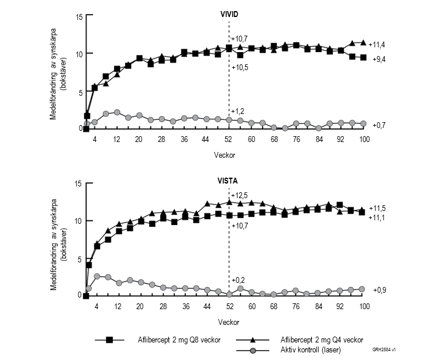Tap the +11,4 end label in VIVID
click(377, 43)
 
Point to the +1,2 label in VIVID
click(237, 111)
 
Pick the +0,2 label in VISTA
click(237, 279)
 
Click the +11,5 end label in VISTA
click(377, 208)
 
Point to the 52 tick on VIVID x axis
click(229, 140)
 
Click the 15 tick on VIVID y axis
click(79, 16)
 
